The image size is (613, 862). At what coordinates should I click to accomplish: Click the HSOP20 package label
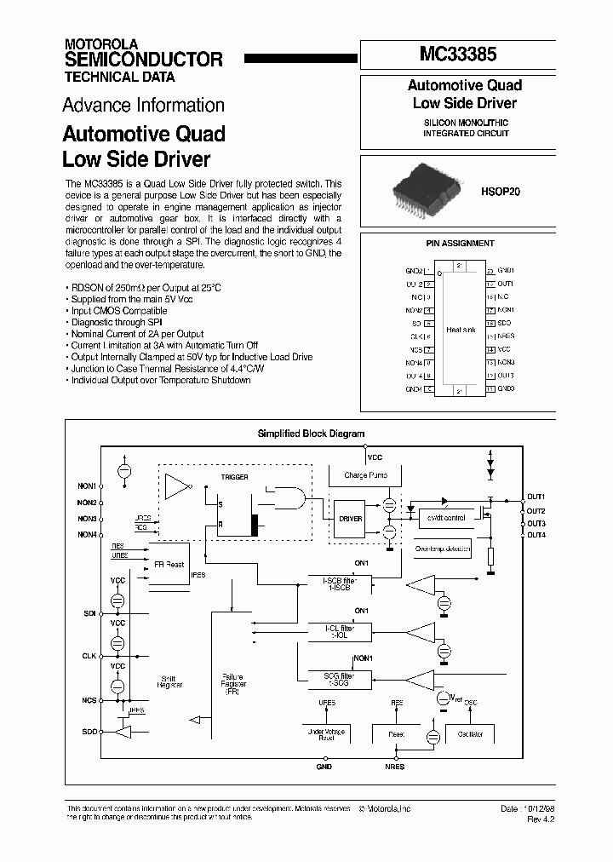[x=501, y=192]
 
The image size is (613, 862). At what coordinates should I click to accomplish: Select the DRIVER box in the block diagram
[x=350, y=518]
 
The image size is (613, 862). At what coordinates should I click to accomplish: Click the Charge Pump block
[x=365, y=475]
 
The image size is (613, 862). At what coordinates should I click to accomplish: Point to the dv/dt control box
[x=444, y=518]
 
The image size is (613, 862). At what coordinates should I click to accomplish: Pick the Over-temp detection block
[x=443, y=549]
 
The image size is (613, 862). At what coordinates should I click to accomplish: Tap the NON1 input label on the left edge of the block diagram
[x=87, y=486]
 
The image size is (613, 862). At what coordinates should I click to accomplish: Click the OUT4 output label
[x=536, y=534]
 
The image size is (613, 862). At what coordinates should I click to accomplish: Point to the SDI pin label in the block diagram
[x=90, y=612]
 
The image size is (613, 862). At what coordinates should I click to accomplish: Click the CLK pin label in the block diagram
[x=89, y=656]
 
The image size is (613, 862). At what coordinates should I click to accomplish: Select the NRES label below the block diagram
[x=395, y=767]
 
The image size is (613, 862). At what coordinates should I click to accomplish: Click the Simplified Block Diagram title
[x=311, y=434]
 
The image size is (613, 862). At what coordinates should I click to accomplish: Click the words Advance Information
[x=143, y=106]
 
